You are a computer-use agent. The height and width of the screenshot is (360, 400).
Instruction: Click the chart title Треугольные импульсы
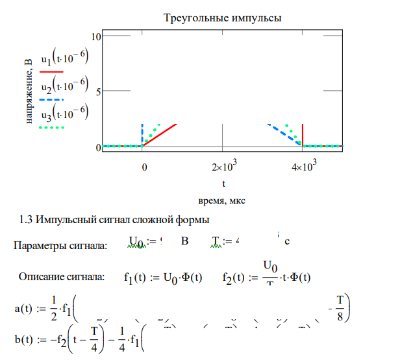click(x=223, y=18)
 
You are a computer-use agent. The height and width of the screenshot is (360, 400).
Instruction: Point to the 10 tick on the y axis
click(x=96, y=36)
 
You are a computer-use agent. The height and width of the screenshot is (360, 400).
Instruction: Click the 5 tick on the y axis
click(x=98, y=91)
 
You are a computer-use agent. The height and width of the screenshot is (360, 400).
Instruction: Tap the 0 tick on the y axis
click(x=98, y=147)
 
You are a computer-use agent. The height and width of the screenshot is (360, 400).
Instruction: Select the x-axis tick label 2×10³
click(x=222, y=167)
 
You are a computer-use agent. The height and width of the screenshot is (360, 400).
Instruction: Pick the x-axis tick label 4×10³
click(x=302, y=167)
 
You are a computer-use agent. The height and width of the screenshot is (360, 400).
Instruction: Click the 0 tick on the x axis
click(x=144, y=168)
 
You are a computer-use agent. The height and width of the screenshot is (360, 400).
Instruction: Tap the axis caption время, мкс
click(x=222, y=199)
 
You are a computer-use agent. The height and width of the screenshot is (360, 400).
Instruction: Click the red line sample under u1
click(x=51, y=72)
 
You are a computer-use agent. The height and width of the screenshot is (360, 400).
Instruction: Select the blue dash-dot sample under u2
click(x=51, y=100)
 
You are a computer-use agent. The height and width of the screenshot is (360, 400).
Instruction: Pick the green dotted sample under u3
click(x=51, y=128)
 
